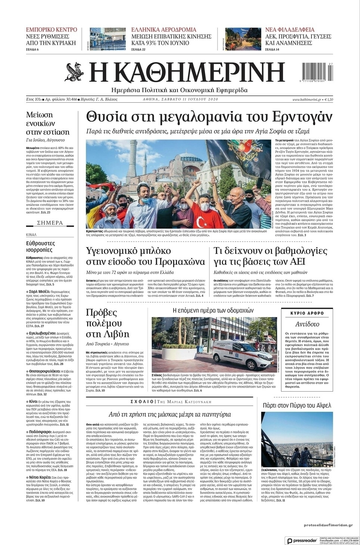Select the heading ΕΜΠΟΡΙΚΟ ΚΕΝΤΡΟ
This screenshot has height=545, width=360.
[x=52, y=30]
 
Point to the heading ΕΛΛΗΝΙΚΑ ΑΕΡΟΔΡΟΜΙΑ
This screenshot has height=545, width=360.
[x=164, y=30]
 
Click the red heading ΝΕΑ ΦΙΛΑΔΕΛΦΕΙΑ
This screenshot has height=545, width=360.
[x=290, y=30]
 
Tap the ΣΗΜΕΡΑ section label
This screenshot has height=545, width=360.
[x=50, y=223]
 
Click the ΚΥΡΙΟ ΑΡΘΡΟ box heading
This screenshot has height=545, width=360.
[x=307, y=313]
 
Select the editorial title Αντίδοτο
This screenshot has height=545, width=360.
[x=307, y=324]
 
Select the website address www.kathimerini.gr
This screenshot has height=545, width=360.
[x=307, y=100]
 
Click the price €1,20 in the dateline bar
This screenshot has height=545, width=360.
[x=329, y=100]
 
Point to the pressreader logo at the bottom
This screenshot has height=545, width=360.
[x=301, y=541]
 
